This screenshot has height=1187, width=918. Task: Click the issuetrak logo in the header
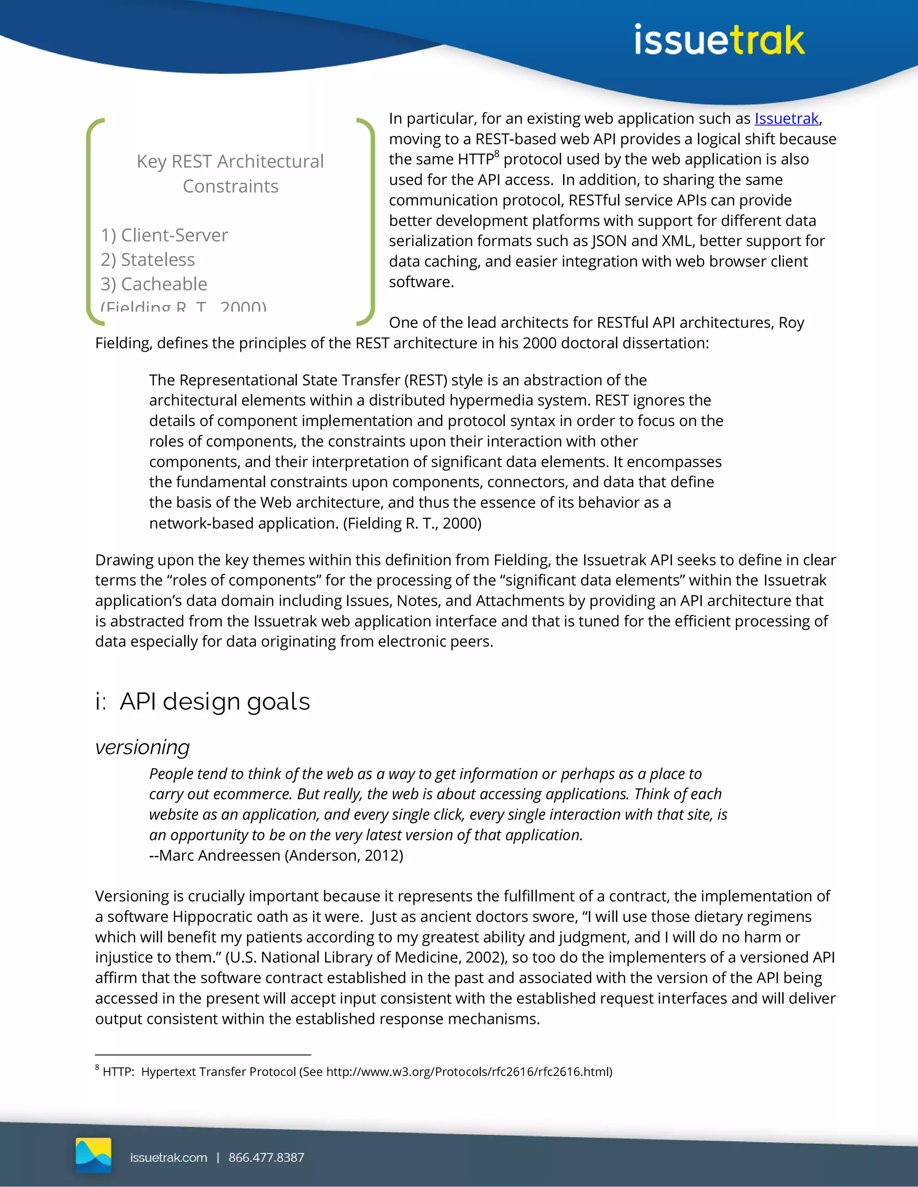(x=719, y=40)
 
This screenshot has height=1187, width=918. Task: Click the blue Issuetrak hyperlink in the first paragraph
(x=786, y=119)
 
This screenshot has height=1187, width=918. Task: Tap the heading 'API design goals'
(x=214, y=701)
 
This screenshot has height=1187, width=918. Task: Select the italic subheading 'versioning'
(x=143, y=747)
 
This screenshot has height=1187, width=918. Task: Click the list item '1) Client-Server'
(x=164, y=235)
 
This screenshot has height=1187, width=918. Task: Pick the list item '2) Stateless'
(x=147, y=260)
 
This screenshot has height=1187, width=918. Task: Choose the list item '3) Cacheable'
(x=154, y=284)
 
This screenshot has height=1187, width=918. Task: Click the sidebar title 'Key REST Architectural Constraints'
(x=230, y=173)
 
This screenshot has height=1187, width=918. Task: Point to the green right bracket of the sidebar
(x=371, y=221)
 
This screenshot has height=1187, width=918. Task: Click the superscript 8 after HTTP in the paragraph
(x=497, y=155)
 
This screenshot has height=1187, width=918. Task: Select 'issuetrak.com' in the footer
(x=169, y=1157)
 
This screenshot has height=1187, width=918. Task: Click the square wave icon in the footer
(x=94, y=1155)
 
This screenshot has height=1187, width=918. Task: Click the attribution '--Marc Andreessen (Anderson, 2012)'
(x=276, y=856)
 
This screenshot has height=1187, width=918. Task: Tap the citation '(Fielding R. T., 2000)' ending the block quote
(x=412, y=523)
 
